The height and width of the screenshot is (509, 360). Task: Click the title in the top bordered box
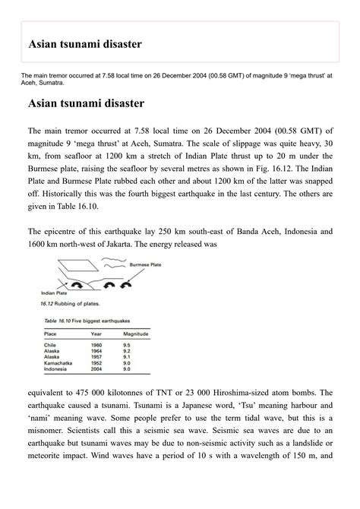85,44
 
